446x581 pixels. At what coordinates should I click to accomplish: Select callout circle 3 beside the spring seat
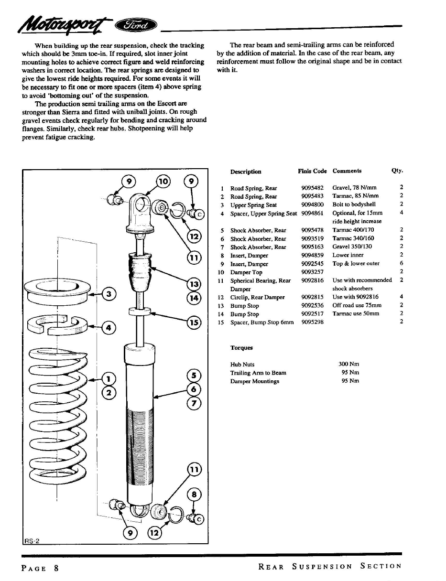(109, 294)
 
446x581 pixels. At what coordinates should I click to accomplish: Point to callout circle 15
(194, 323)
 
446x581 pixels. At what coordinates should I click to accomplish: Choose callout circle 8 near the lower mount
(193, 495)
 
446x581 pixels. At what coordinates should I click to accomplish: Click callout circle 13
(194, 284)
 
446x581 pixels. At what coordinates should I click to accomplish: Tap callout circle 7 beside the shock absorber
(194, 403)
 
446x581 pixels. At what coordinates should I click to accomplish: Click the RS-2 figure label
(32, 540)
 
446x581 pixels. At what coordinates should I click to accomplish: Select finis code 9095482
(312, 188)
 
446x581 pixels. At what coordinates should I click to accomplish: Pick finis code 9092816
(312, 280)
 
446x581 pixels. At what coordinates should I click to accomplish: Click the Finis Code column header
(312, 171)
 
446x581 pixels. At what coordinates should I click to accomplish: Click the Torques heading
(241, 348)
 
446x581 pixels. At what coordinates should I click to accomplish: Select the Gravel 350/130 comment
(352, 247)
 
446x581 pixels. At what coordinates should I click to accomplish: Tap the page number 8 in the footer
(56, 569)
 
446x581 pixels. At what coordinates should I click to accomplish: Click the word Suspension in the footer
(322, 567)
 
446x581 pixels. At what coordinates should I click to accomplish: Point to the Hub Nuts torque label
(242, 364)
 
